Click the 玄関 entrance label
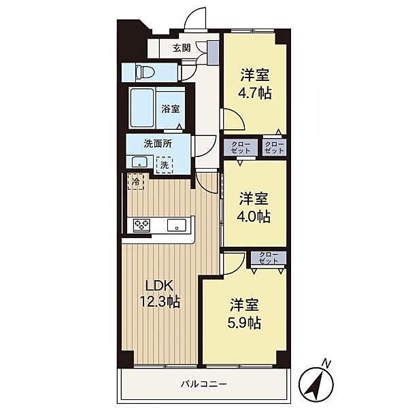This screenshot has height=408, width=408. coord(182,48)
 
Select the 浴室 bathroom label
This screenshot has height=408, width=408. coord(171,109)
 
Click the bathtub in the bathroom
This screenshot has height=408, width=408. coord(142,107)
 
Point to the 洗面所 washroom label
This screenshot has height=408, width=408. coord(158,143)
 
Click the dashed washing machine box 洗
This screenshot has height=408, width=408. coord(165,165)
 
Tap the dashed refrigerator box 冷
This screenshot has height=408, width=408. coord(135,181)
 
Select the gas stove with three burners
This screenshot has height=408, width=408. coord(141,225)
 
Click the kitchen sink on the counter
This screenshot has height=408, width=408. coord(177,225)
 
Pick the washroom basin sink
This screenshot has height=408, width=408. coord(139,163)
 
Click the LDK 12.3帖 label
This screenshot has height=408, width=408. coord(160,294)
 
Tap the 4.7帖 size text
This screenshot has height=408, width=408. coord(255,93)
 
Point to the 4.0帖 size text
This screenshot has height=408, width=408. coord(254,217)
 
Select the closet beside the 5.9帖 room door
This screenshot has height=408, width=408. coord(269,258)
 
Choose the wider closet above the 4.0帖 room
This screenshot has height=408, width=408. coord(241,148)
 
